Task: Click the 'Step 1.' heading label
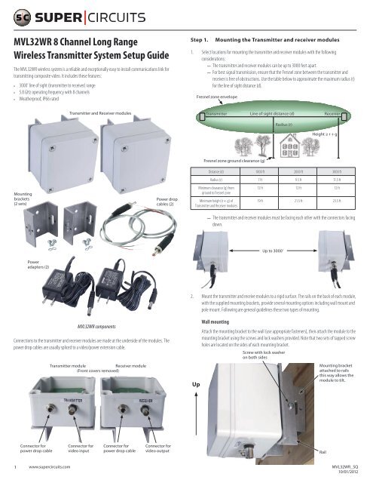click(198, 38)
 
